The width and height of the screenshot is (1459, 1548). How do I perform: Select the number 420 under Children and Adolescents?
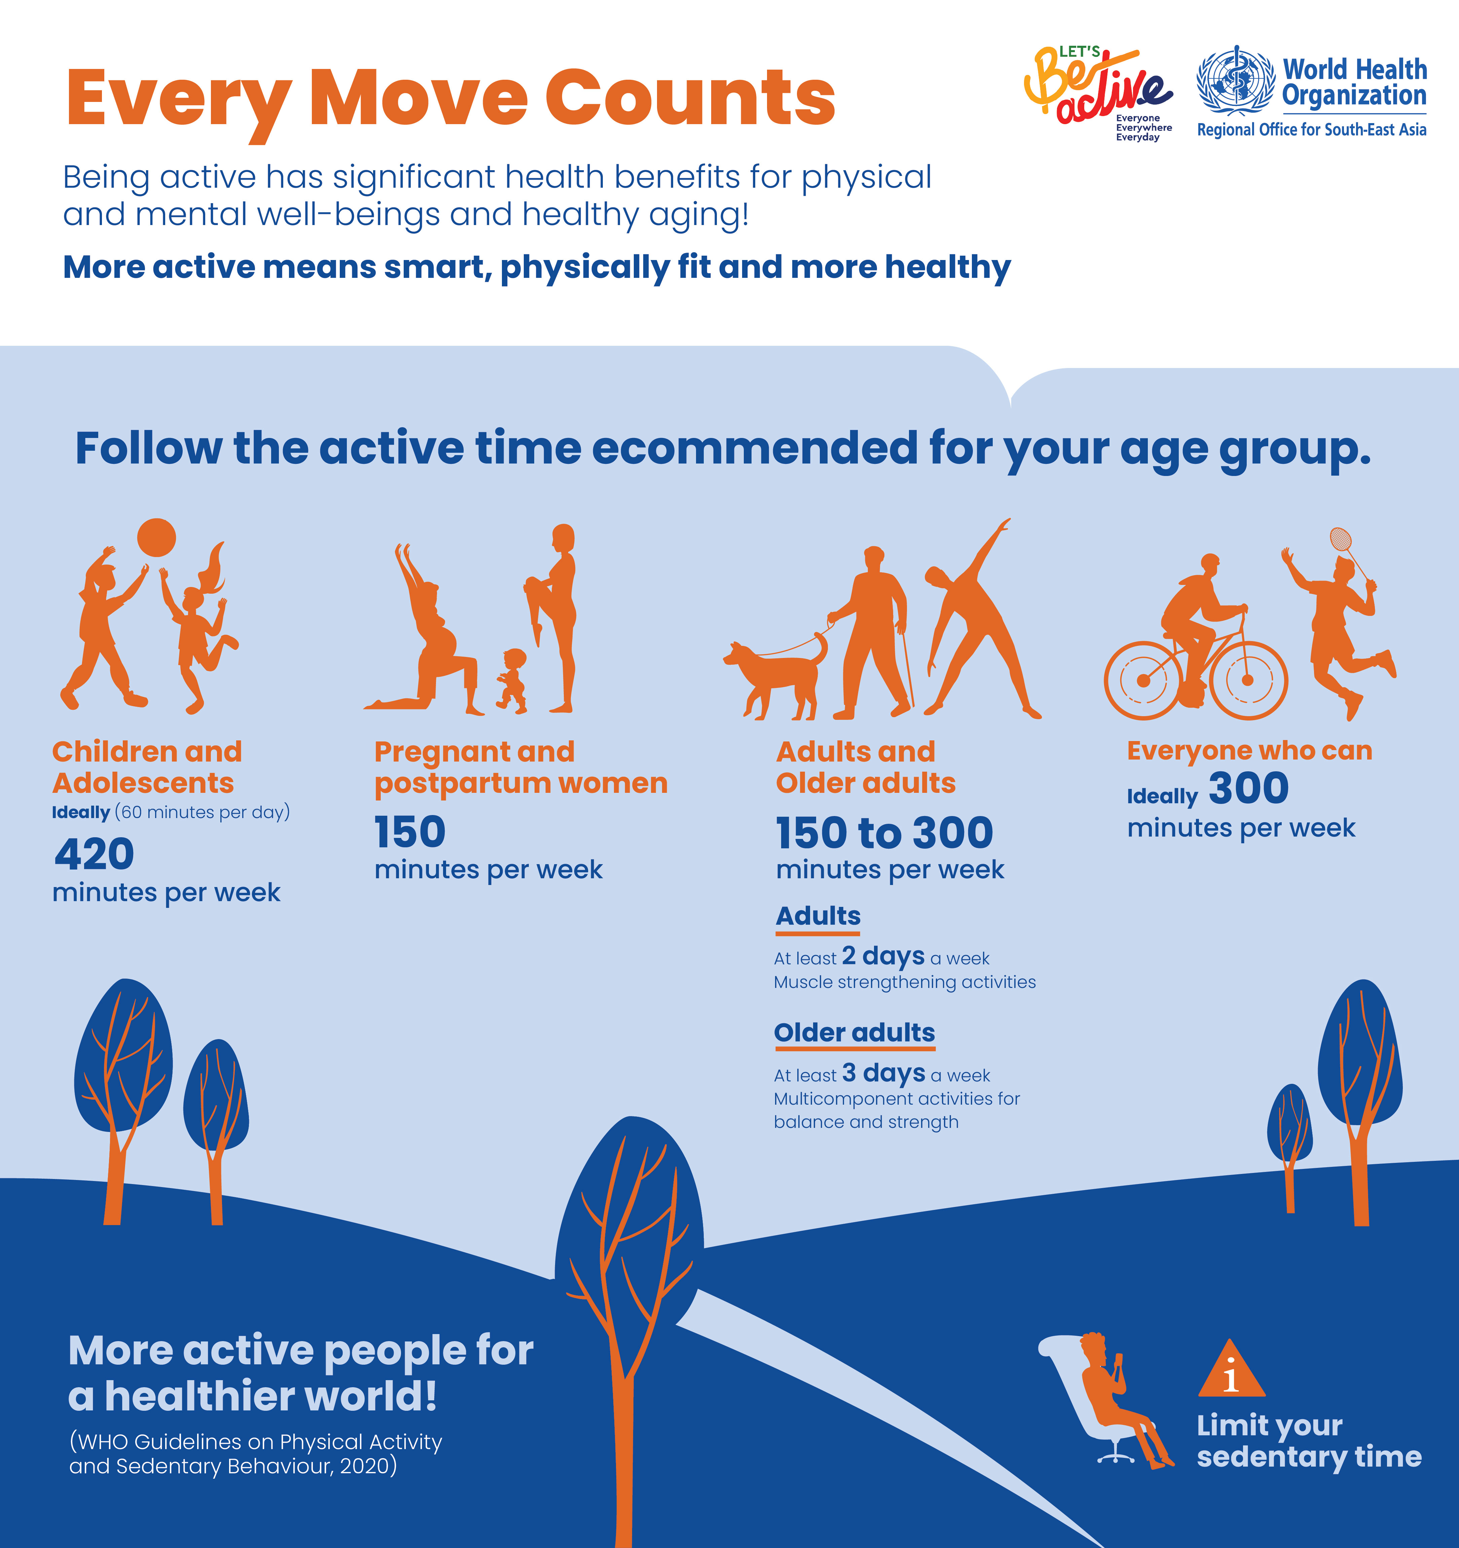94,854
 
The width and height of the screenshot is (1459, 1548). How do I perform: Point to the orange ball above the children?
156,537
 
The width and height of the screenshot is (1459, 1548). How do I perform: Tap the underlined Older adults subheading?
854,1033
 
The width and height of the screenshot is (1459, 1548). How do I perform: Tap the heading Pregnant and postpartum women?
521,767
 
